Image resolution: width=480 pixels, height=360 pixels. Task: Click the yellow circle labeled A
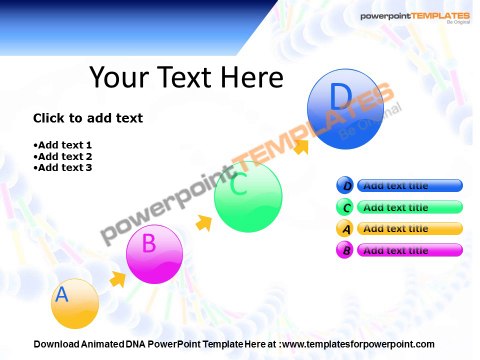(x=74, y=303)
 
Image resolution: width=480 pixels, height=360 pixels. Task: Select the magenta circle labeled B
(x=155, y=254)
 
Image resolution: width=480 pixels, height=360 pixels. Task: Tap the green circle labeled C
(x=248, y=197)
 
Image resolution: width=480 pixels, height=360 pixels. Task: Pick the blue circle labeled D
(x=339, y=110)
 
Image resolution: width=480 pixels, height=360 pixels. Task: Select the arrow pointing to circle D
(x=300, y=145)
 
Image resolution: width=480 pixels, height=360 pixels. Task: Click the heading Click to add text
(x=88, y=118)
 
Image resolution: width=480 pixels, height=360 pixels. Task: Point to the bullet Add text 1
(x=64, y=146)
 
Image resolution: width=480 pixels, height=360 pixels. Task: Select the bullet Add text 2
(x=64, y=157)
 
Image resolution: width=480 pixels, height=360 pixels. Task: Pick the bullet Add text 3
(x=64, y=168)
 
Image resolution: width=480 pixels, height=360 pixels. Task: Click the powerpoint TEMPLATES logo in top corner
(x=414, y=18)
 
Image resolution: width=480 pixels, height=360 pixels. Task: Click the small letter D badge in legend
(x=346, y=185)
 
